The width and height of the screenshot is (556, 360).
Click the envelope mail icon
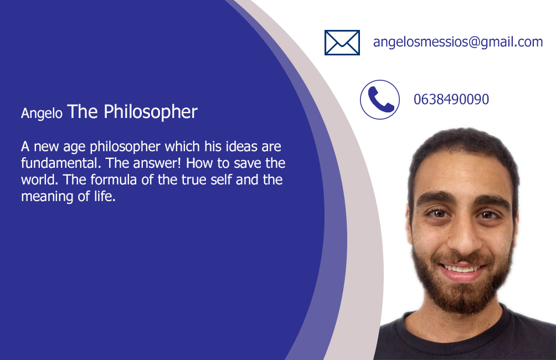(342, 43)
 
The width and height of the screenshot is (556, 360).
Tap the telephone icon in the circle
(380, 100)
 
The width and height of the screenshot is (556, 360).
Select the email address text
(458, 42)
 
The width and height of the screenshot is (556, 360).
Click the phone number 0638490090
(451, 99)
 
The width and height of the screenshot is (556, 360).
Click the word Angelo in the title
(42, 114)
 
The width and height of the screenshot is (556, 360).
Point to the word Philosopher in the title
(150, 112)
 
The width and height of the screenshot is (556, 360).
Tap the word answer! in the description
(157, 163)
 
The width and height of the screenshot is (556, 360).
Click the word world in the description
(39, 180)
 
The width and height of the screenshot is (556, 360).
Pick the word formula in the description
(114, 180)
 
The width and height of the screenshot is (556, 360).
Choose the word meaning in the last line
(47, 197)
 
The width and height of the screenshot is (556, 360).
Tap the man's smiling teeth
(462, 269)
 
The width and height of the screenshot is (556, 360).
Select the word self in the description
(222, 180)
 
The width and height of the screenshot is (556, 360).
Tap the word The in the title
(83, 112)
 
